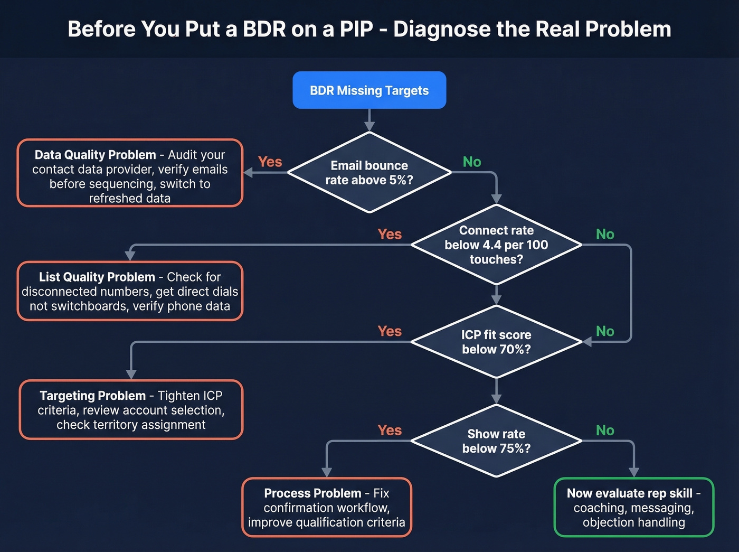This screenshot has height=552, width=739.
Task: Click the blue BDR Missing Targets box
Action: pos(369,90)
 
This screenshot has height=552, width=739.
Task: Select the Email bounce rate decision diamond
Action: pos(369,173)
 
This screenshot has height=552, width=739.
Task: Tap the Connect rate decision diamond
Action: pos(496,245)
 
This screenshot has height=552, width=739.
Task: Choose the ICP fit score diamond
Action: pos(496,342)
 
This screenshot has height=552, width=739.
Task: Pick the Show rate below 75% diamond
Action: pos(496,441)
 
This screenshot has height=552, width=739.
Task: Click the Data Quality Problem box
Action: pos(130,173)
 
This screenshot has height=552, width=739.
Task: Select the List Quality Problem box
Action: pos(130,291)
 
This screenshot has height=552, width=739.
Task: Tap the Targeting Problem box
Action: pos(131,410)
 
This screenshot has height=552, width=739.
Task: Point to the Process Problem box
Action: pos(327,508)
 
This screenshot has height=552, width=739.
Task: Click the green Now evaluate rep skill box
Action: pos(633,508)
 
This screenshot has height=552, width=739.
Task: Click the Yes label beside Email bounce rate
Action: pos(270,162)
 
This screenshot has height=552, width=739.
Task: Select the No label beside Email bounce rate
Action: pos(472,162)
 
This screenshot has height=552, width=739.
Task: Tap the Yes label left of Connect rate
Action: pos(390,234)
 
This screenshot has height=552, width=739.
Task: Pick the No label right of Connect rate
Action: pos(605,234)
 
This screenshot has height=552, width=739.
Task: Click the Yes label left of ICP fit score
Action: pos(390,331)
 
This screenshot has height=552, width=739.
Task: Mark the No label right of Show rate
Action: pos(605,431)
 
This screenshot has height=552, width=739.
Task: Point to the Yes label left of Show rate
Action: pos(390,431)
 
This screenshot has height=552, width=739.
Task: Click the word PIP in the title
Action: pos(356,29)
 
